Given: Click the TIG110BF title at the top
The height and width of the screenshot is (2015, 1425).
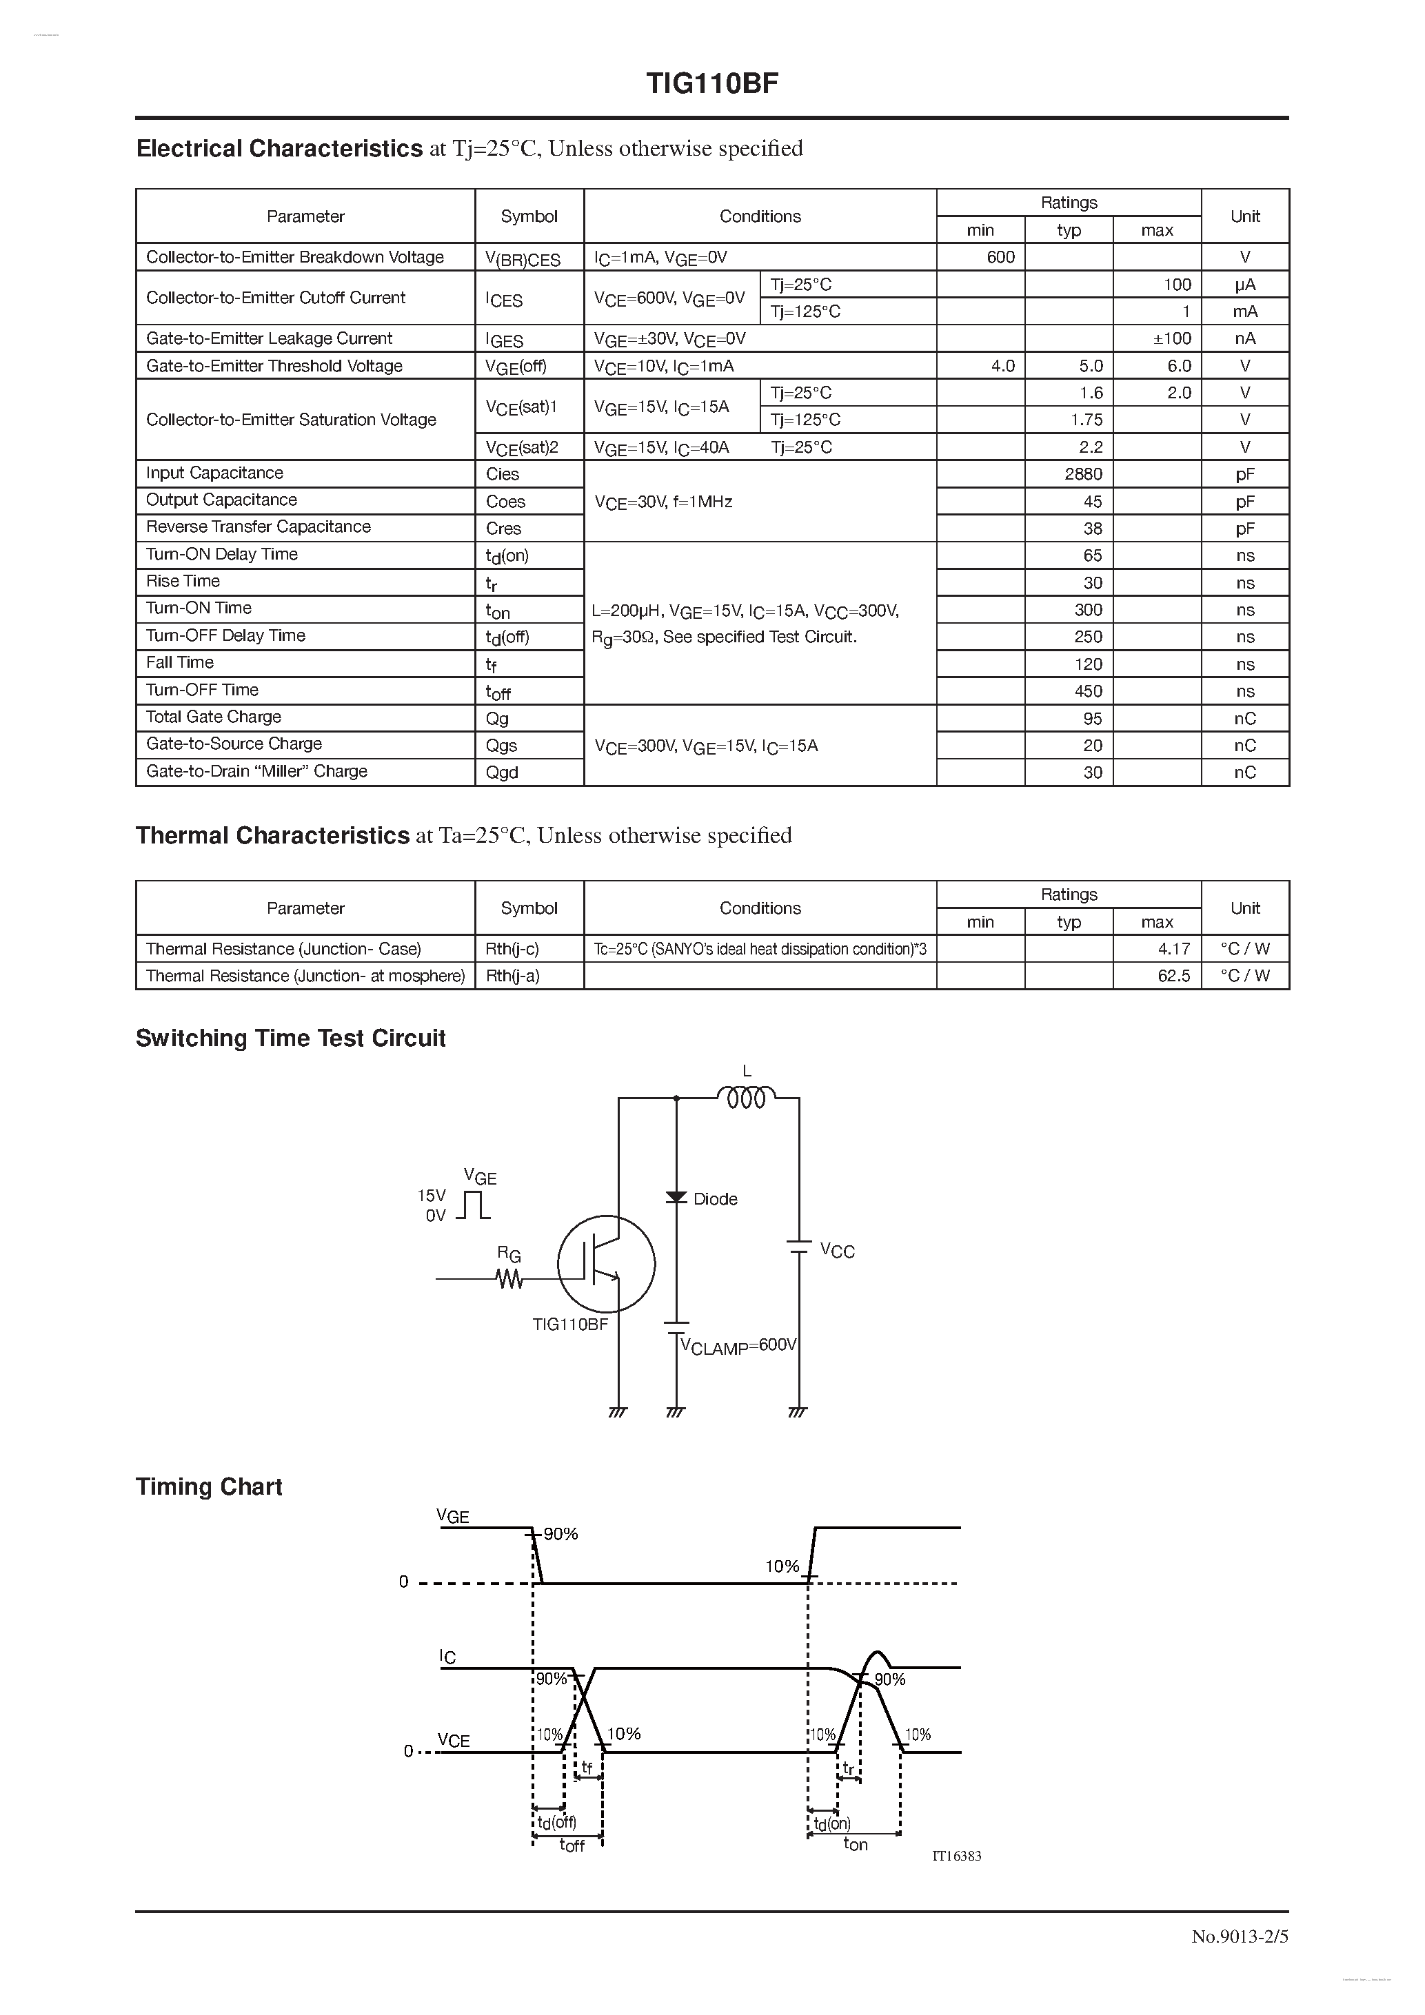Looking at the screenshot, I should [712, 83].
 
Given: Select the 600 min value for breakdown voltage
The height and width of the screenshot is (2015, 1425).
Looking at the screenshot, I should [1000, 257].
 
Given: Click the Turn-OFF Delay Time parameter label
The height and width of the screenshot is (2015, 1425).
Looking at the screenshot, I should [225, 635].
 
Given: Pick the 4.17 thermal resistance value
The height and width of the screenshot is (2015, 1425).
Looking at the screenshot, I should [1174, 949].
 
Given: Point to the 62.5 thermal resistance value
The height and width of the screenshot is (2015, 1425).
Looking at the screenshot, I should [1174, 976].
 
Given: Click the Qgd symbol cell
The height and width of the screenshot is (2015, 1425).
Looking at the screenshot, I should [502, 773].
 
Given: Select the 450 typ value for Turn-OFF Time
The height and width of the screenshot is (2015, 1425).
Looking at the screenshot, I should [1088, 691].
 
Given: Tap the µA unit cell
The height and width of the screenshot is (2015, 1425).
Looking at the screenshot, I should [1244, 285].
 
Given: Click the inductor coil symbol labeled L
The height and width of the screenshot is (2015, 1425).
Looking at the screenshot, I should [747, 1097].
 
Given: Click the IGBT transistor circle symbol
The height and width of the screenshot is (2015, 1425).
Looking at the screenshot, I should [606, 1264].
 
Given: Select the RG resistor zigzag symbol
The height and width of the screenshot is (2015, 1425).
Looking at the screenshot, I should [509, 1280].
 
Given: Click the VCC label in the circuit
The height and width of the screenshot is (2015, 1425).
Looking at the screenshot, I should [837, 1251].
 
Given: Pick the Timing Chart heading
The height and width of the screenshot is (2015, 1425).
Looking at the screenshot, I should [209, 1486].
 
